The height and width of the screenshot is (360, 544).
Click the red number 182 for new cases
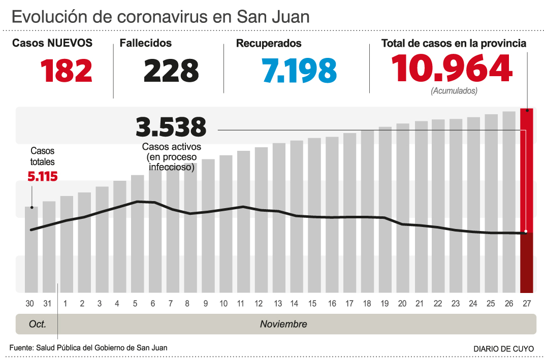point(67,71)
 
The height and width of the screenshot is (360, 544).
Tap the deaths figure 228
point(171,71)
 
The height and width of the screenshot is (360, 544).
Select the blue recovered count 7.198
point(300,71)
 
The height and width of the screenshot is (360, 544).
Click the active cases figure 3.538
point(171,127)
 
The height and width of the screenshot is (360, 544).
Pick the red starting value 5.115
point(42,176)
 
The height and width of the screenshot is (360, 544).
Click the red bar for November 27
point(527,201)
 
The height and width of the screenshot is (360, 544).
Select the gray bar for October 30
point(31,249)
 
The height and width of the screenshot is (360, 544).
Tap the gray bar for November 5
point(138,234)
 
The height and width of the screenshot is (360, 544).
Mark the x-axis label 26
point(509,304)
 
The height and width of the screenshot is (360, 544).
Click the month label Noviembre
point(283,324)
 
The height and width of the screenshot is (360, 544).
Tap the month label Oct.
point(38,324)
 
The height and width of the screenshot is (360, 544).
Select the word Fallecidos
point(146,44)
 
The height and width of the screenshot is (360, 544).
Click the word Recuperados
point(269,44)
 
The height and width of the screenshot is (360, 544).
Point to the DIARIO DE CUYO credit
point(503,349)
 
